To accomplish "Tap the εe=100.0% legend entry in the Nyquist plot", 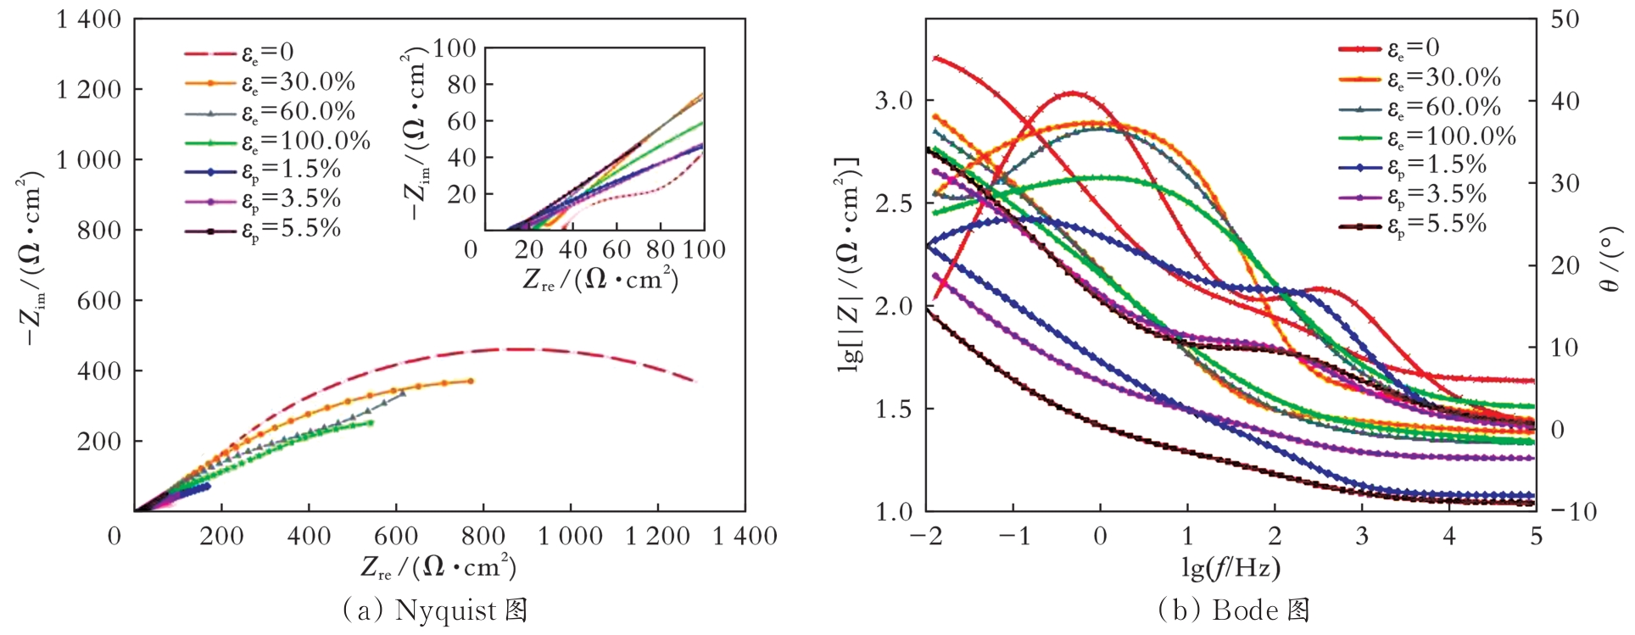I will pos(305,141).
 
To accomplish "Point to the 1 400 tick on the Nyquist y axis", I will pos(88,19).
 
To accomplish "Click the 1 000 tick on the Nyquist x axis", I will pos(570,537).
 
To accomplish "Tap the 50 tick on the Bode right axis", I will pos(1565,19).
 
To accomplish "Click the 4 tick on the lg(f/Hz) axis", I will pos(1448,537).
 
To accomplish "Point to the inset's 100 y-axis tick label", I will pos(455,48).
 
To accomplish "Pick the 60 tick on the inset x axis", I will pos(616,250).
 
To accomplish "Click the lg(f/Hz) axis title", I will pos(1230,566).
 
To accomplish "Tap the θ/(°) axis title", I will pos(1609,259).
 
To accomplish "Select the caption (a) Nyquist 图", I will pos(435,610).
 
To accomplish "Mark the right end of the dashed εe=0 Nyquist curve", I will pos(695,381).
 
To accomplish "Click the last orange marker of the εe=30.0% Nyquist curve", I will pos(471,381).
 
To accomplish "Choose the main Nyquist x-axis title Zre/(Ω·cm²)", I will pos(438,566).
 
